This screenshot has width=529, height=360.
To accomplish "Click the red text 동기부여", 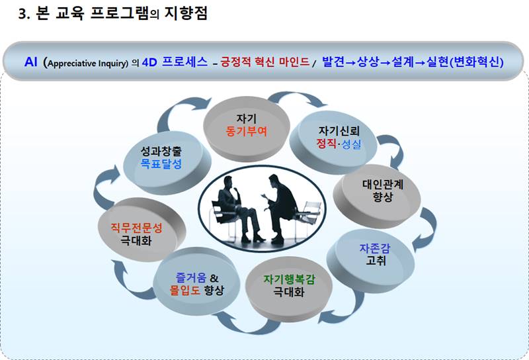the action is pos(246,132).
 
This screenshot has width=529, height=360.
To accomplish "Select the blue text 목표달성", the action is pos(161,164).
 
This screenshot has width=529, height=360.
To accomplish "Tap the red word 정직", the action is pos(326,144).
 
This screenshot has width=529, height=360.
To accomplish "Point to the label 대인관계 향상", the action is pos(383,190).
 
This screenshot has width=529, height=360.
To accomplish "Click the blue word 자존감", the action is pos(375,248).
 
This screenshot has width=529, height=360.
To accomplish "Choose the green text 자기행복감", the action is pos(289,279).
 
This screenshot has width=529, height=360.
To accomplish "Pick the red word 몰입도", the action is pos(185,290).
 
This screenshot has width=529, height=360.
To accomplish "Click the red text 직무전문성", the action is pos(137,228).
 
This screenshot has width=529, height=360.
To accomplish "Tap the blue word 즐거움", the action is pos(190,277).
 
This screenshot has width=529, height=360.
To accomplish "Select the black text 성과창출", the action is pos(161,151).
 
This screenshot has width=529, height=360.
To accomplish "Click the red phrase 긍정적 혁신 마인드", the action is pos(265,62).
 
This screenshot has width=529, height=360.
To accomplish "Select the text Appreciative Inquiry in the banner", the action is pos(88,63).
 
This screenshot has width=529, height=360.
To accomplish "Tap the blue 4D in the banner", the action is pos(149,62).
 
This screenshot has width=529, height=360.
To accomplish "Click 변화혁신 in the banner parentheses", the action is pos(476,62).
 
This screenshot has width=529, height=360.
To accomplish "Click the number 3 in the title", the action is pos(22,14).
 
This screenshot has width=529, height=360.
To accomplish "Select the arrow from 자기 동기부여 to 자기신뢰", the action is pos(297,96).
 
